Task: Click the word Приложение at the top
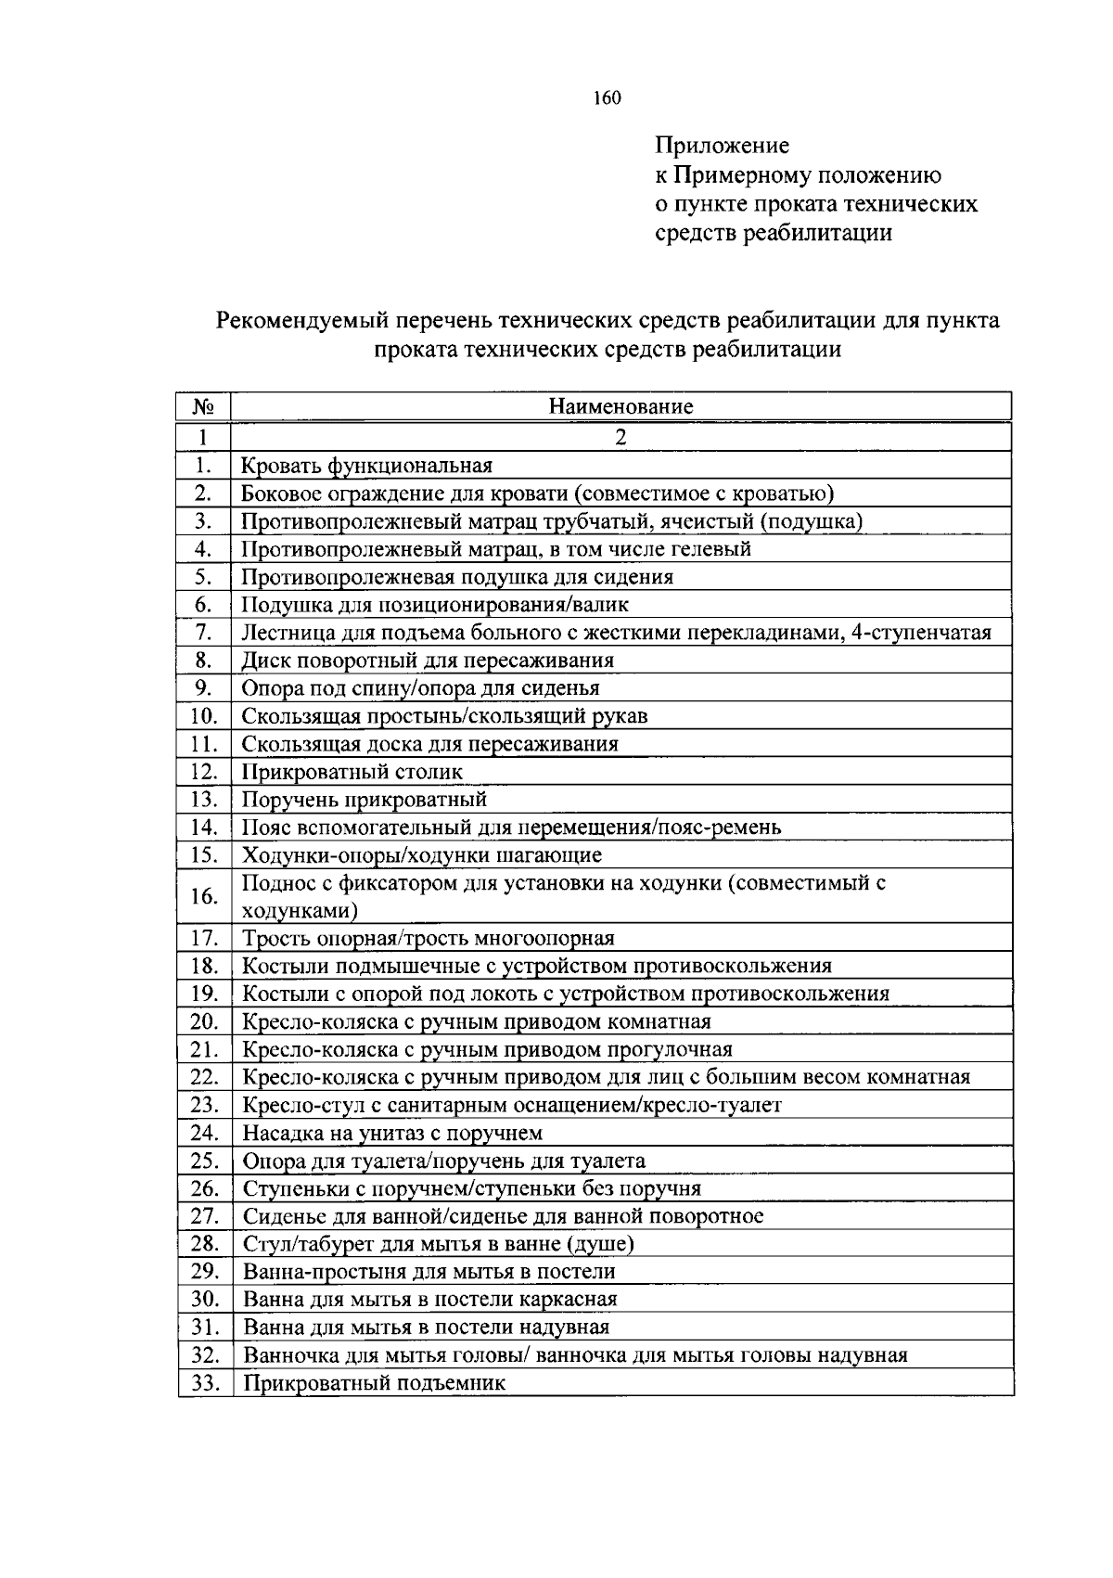pyautogui.click(x=723, y=146)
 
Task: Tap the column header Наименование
pyautogui.click(x=620, y=406)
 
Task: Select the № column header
pyautogui.click(x=203, y=406)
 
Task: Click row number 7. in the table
pyautogui.click(x=204, y=633)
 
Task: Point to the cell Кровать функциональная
pyautogui.click(x=367, y=466)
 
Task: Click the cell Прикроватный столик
pyautogui.click(x=352, y=772)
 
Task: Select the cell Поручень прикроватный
pyautogui.click(x=365, y=800)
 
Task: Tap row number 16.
pyautogui.click(x=204, y=896)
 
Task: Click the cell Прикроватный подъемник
pyautogui.click(x=375, y=1383)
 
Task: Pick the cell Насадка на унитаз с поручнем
pyautogui.click(x=392, y=1133)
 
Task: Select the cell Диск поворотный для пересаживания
pyautogui.click(x=428, y=661)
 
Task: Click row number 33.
pyautogui.click(x=204, y=1383)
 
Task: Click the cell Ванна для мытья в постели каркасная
pyautogui.click(x=430, y=1300)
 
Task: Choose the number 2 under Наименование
pyautogui.click(x=620, y=437)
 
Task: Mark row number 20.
pyautogui.click(x=204, y=1022)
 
